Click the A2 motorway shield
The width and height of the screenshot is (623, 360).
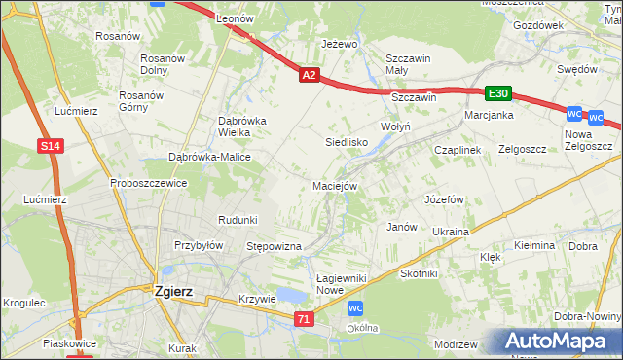click(x=309, y=74)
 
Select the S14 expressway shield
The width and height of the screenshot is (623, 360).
click(x=52, y=146)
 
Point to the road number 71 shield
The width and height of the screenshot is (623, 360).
click(x=306, y=319)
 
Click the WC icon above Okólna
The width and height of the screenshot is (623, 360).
click(x=356, y=308)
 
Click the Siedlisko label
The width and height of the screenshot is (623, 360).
click(x=345, y=142)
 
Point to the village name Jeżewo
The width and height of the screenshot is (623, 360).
click(x=340, y=45)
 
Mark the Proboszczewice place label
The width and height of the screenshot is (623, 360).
click(x=148, y=183)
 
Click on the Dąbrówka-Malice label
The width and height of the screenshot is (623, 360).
click(x=210, y=157)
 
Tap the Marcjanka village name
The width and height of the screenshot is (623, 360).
click(x=489, y=115)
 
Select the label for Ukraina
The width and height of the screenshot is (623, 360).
click(x=451, y=232)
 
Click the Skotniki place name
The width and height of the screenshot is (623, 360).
click(x=420, y=274)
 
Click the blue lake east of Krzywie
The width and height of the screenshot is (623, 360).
click(x=289, y=296)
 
